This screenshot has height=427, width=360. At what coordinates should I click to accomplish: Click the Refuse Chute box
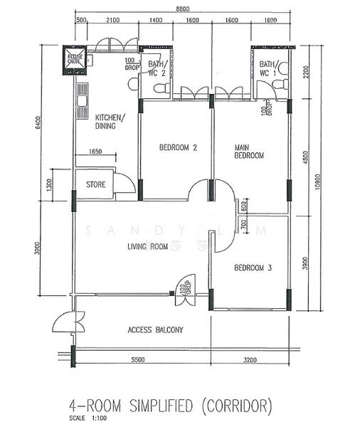(x=75, y=58)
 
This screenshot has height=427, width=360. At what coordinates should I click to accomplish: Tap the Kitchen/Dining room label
(x=110, y=121)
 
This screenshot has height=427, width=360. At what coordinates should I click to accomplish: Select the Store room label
(x=96, y=184)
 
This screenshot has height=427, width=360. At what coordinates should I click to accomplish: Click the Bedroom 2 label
(x=177, y=148)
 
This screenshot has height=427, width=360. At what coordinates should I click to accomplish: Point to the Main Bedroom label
(x=249, y=152)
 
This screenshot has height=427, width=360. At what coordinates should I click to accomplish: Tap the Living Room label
(x=147, y=247)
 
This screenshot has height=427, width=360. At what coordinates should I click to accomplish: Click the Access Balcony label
(x=155, y=330)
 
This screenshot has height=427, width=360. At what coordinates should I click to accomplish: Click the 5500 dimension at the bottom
(x=137, y=360)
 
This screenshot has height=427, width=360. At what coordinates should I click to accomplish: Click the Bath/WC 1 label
(x=268, y=68)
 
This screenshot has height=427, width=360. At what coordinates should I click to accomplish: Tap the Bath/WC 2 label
(x=157, y=68)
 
